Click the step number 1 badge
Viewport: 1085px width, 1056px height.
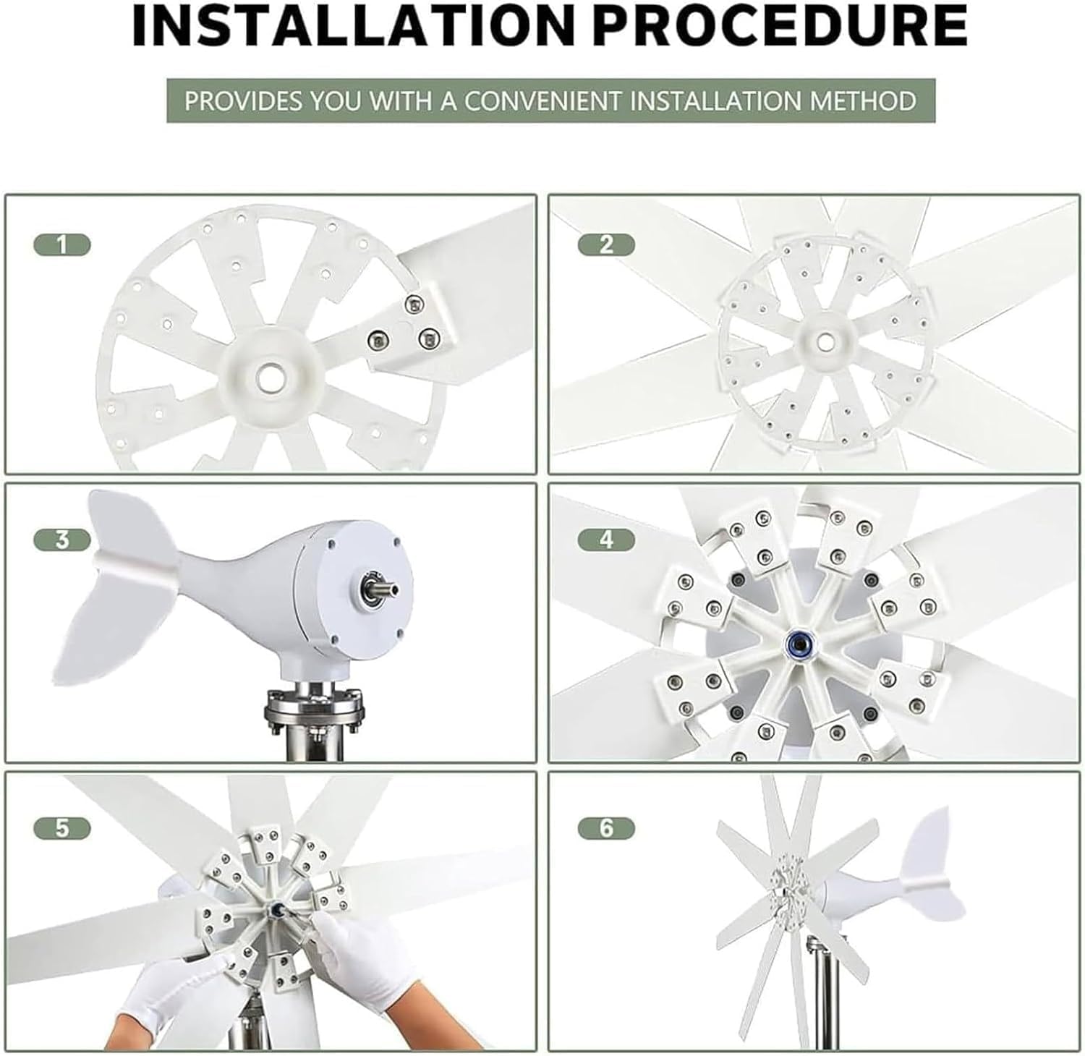(62, 245)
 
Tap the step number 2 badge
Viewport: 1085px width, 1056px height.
(606, 245)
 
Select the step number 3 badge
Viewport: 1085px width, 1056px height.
(62, 540)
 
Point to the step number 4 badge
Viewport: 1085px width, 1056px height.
(606, 540)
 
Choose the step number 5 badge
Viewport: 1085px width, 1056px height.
(62, 827)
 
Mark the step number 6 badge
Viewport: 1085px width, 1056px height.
(606, 827)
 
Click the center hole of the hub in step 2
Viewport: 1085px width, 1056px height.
(824, 340)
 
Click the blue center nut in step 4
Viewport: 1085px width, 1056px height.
(799, 641)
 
